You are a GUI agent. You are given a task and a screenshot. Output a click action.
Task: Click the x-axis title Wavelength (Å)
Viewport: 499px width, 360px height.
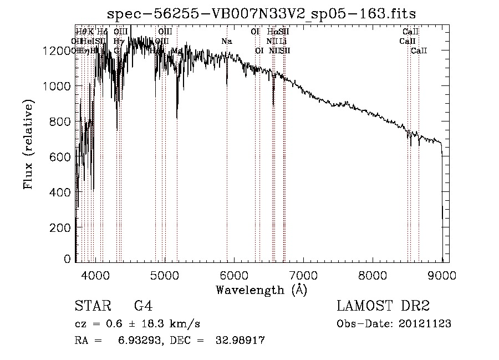(261, 290)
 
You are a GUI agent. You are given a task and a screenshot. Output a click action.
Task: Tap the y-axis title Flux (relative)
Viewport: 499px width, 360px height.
(28, 145)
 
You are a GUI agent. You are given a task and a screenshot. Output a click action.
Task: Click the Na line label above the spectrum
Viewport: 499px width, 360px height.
(226, 42)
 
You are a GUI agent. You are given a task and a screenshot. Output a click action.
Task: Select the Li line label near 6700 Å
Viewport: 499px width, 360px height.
(283, 42)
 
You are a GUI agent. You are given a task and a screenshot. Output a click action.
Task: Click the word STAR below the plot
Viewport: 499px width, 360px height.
(92, 306)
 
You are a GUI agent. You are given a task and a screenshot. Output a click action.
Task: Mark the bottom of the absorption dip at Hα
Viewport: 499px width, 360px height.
(273, 104)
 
